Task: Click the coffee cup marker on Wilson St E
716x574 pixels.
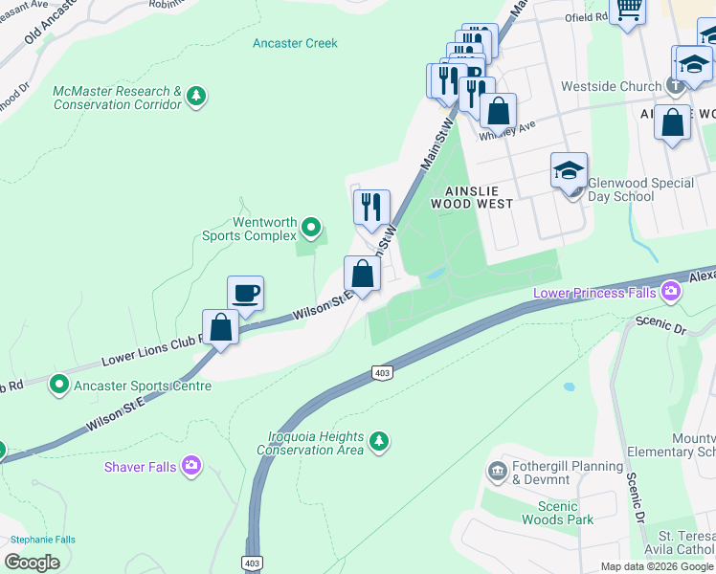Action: pos(245,293)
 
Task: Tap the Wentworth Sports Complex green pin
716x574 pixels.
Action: pos(310,228)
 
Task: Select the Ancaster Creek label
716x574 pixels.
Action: pos(295,43)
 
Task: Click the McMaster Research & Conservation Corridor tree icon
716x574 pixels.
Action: pos(196,96)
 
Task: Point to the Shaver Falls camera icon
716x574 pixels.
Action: pos(192,466)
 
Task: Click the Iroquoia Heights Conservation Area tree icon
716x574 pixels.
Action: pos(380,440)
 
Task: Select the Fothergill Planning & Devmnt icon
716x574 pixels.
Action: pos(497,470)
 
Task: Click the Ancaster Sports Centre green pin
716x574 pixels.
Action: pos(59,386)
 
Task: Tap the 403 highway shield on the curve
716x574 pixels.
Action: pos(382,372)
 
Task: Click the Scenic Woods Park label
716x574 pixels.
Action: pos(557,513)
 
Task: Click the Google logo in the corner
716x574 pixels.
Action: pos(33,563)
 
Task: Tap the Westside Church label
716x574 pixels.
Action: pos(624,86)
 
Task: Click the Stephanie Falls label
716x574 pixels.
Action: pos(38,540)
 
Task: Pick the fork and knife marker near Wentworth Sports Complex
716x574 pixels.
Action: pos(371,207)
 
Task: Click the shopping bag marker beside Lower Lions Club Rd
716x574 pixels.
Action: pos(221,327)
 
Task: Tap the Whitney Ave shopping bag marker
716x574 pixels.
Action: pos(498,111)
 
